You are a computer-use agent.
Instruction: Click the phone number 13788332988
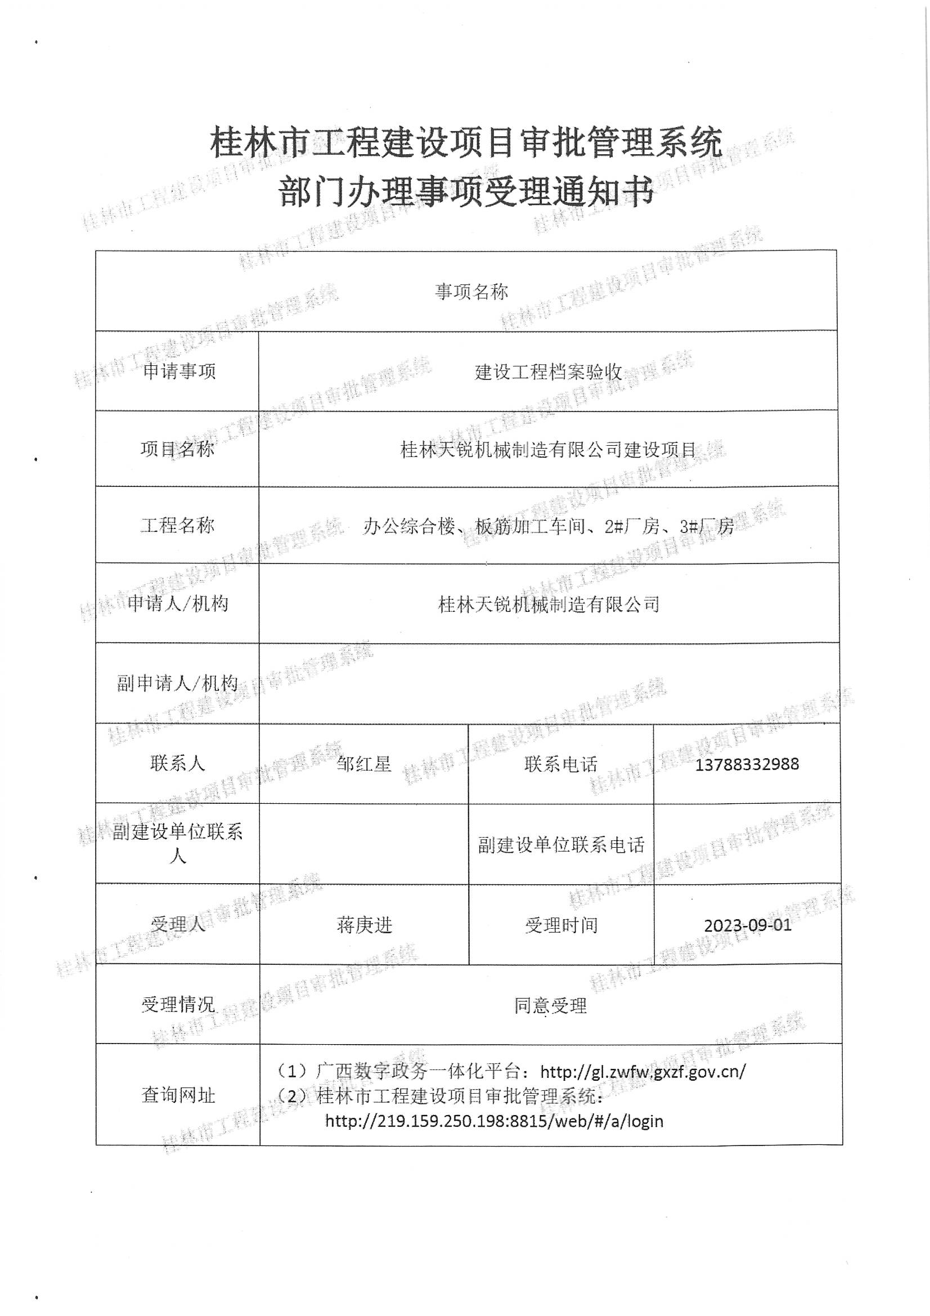pos(746,764)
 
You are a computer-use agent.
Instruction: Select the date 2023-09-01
pos(747,925)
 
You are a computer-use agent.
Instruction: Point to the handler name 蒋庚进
pos(365,925)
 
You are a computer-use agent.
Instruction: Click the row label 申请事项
pos(179,371)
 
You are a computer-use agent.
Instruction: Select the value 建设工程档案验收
pos(549,372)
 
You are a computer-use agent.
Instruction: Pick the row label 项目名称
pos(178,449)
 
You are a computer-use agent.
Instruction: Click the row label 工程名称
pos(178,525)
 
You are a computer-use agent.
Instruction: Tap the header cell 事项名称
pos(471,292)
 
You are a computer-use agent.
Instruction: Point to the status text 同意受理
pos(550,1005)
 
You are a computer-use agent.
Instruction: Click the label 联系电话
pos(560,764)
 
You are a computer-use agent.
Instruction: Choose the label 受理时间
pos(561,925)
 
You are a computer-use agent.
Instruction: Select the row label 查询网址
pos(178,1095)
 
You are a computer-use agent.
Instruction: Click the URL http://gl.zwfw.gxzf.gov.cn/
pos(643,1071)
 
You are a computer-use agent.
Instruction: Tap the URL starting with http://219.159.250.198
pos(494,1121)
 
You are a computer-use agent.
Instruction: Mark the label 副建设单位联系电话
pos(561,845)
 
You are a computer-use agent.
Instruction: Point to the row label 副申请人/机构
pos(178,683)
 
